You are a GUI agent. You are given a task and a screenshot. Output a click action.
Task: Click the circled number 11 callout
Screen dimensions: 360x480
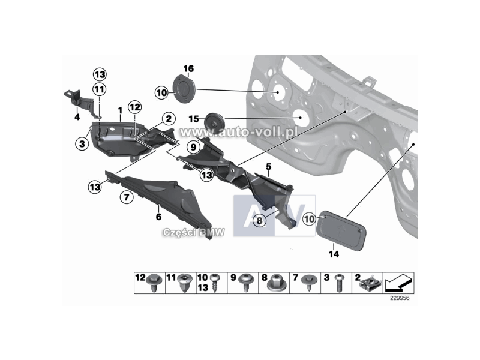tap(99, 89)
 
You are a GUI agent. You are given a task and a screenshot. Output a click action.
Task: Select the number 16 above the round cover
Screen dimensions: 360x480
tap(188, 69)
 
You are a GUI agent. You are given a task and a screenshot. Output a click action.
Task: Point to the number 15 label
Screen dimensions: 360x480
tap(193, 119)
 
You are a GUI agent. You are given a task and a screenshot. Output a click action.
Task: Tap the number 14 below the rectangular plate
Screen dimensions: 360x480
tap(334, 254)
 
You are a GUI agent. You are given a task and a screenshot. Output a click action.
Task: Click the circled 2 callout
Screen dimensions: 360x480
tap(169, 119)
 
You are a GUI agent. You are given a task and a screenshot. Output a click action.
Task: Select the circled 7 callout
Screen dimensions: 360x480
tap(127, 197)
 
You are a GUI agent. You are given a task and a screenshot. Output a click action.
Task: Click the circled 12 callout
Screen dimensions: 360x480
tap(134, 107)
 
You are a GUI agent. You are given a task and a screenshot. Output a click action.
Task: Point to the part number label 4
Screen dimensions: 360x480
tap(77, 118)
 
